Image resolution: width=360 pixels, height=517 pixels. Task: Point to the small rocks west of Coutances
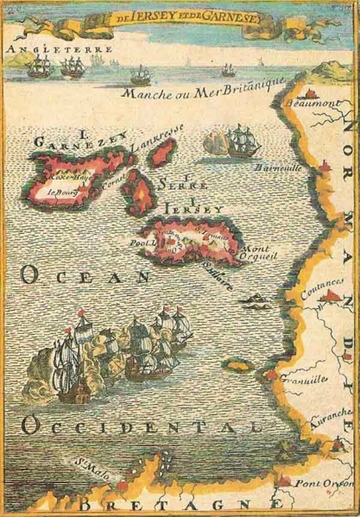pyautogui.click(x=258, y=299)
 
